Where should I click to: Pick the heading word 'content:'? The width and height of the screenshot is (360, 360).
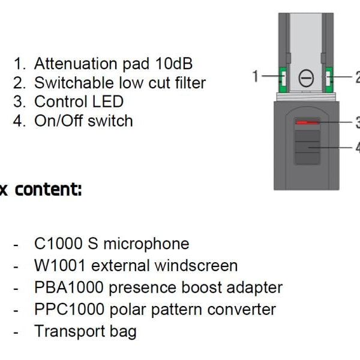click(x=48, y=190)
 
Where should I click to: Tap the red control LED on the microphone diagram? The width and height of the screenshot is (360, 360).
click(x=307, y=122)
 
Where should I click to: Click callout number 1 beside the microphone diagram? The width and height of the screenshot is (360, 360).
click(x=255, y=76)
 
